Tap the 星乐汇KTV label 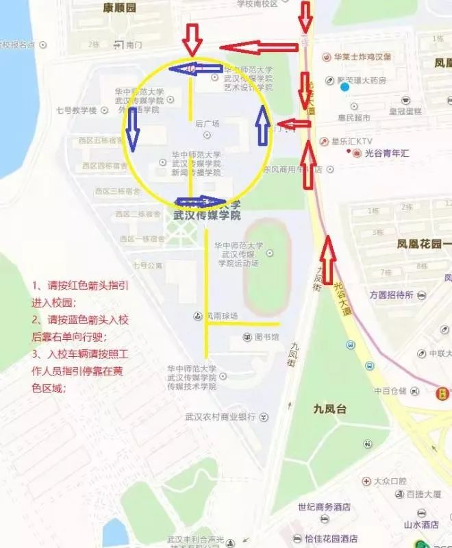tap(350, 142)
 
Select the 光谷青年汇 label tap(386, 153)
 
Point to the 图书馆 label tap(268, 336)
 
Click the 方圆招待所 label tap(391, 295)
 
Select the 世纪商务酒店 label tap(324, 508)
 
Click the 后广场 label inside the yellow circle tap(207, 124)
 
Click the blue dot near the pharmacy tap(344, 87)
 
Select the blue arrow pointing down tap(132, 130)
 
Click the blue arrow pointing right tap(201, 202)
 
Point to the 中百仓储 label tap(390, 391)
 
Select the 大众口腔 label tap(390, 482)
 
